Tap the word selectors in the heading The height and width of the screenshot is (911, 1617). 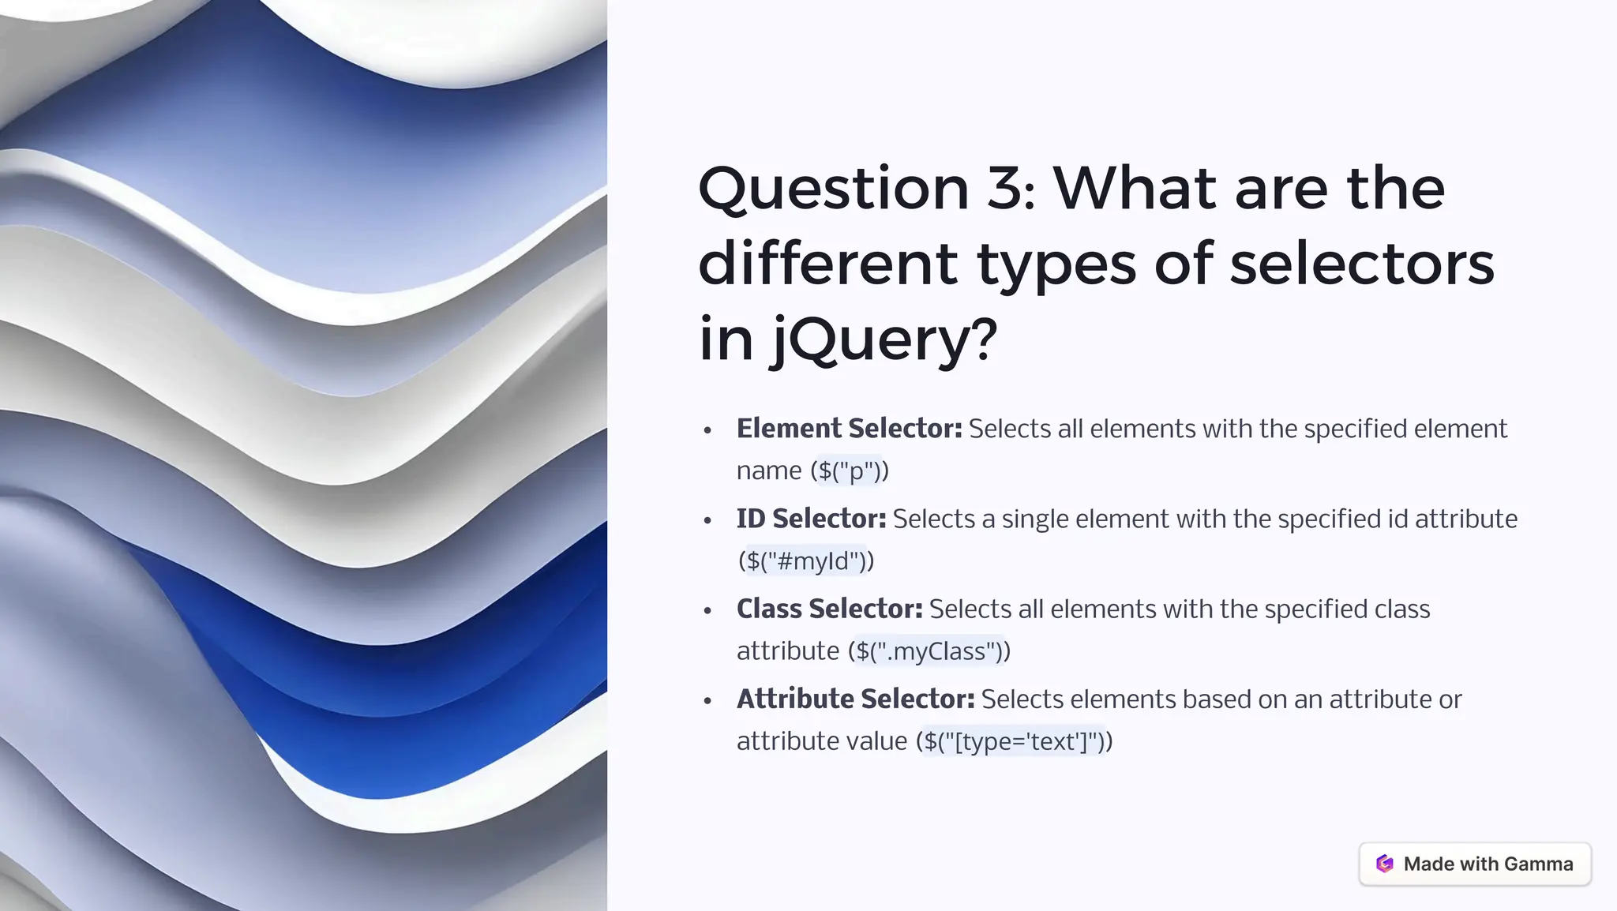(x=1361, y=264)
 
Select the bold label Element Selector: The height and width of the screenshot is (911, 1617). (x=849, y=429)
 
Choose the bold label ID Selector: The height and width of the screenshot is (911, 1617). (x=811, y=519)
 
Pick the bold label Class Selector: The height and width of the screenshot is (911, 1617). (x=829, y=609)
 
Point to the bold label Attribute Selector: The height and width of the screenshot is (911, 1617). (x=855, y=699)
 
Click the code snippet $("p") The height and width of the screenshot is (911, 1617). (x=849, y=471)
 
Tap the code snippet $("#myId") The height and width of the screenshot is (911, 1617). (x=806, y=561)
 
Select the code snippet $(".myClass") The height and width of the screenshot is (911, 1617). (x=929, y=651)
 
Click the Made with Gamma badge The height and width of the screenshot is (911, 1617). (x=1474, y=864)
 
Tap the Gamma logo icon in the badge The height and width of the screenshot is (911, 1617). (x=1384, y=864)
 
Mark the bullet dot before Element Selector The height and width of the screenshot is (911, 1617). (x=707, y=430)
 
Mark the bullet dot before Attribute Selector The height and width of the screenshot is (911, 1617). (x=707, y=700)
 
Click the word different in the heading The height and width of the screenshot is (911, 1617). (x=827, y=264)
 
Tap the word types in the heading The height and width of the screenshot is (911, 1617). (x=1056, y=264)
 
